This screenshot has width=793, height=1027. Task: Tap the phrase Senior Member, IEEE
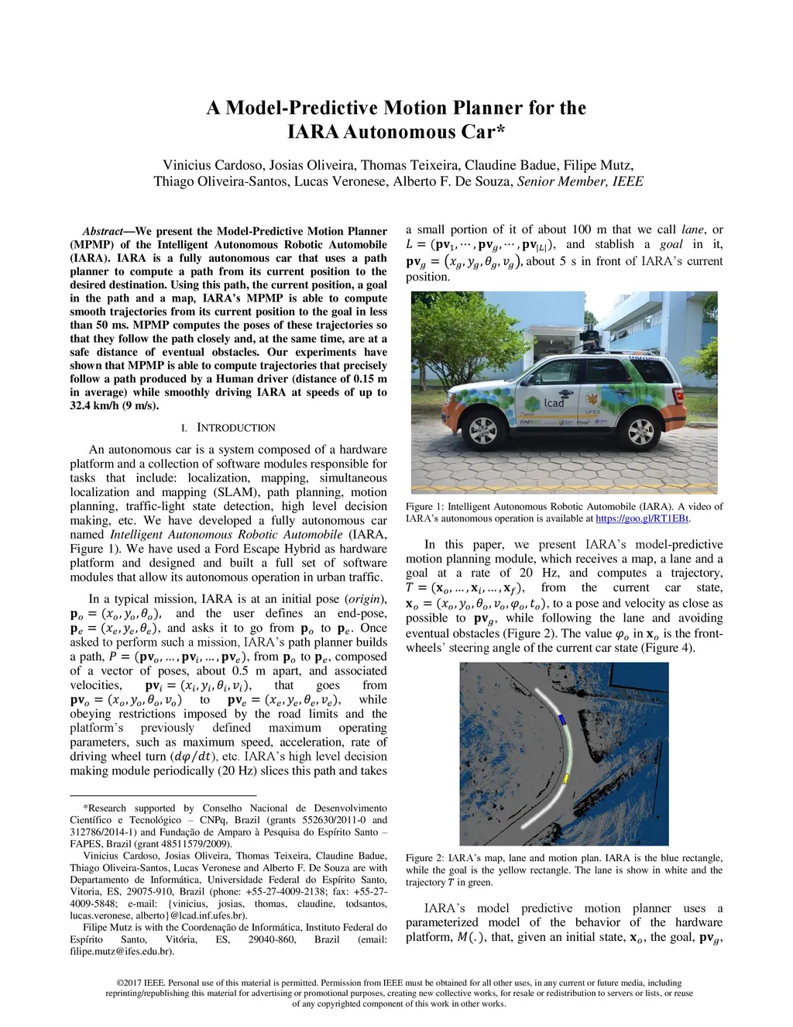pyautogui.click(x=580, y=181)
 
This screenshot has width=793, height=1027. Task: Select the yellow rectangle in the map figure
pyautogui.click(x=566, y=778)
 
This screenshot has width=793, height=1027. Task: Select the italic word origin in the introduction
pyautogui.click(x=366, y=599)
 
